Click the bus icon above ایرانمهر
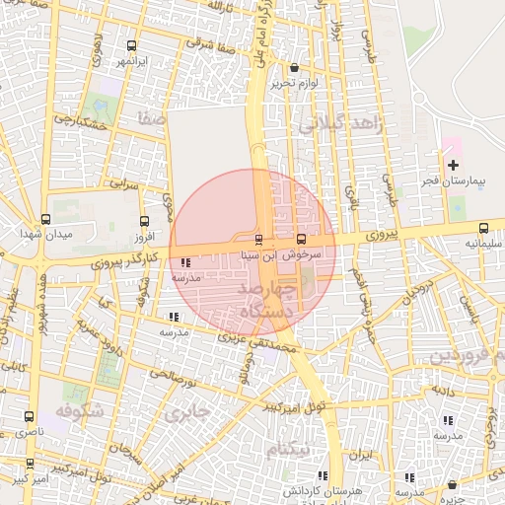(132, 45)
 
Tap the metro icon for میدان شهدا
(45, 220)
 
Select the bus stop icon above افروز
(145, 222)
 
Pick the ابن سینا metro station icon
(259, 239)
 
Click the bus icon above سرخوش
(301, 239)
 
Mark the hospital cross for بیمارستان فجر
(453, 165)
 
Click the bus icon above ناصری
(29, 417)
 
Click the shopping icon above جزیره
(452, 485)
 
